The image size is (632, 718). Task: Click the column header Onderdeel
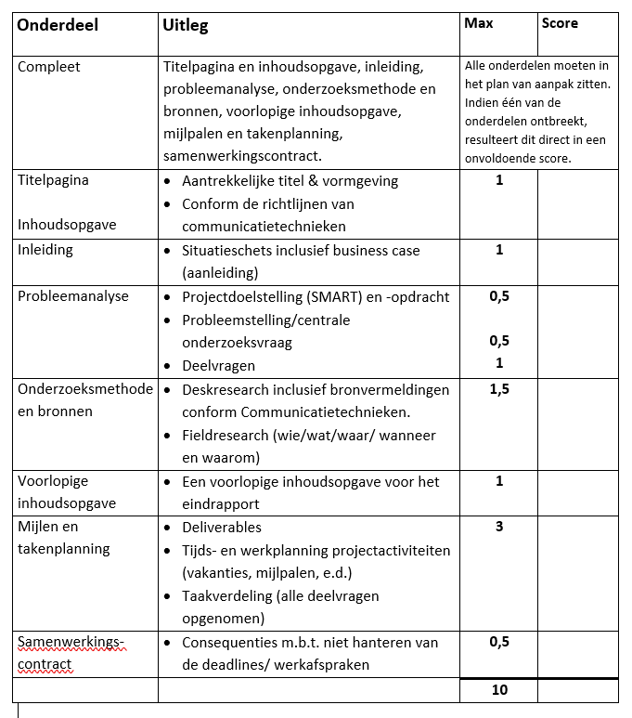58,25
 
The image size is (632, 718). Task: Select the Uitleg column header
185,25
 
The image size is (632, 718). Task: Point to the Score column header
560,22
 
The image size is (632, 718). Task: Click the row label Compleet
49,67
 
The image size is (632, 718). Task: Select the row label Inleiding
45,250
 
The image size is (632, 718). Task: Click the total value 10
499,690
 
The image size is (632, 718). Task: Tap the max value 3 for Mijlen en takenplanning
499,527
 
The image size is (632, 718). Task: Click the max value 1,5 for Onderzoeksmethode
499,388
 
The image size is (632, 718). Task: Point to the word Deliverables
222,528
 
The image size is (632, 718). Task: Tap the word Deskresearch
227,389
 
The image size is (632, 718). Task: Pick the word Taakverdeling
226,595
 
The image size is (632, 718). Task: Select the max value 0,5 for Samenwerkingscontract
499,641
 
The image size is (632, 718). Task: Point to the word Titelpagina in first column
54,180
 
